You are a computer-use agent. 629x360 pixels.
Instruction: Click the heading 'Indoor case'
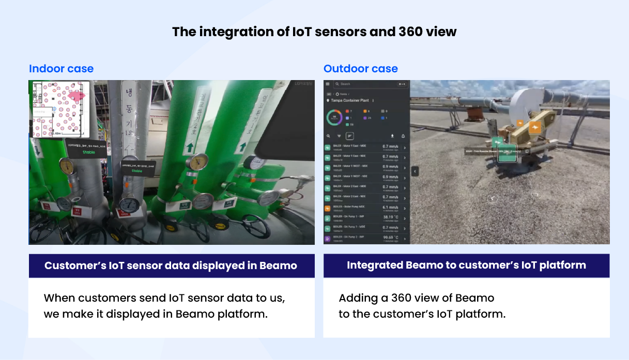point(61,69)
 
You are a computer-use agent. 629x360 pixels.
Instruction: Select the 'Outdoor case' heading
point(360,69)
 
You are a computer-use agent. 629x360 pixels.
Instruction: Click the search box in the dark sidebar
point(362,84)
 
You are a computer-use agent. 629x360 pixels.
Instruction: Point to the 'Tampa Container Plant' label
point(350,101)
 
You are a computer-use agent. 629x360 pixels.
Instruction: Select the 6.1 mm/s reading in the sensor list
point(390,207)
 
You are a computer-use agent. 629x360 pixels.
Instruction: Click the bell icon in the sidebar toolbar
point(403,136)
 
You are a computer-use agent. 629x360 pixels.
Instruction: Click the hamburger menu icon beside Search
point(328,84)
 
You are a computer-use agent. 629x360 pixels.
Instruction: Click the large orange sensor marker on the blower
point(535,128)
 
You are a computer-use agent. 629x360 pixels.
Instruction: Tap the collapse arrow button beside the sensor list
point(415,171)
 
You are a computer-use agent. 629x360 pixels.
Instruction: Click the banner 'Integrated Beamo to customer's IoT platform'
point(466,265)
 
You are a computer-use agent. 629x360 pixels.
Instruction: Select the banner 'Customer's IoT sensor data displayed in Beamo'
point(171,266)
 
